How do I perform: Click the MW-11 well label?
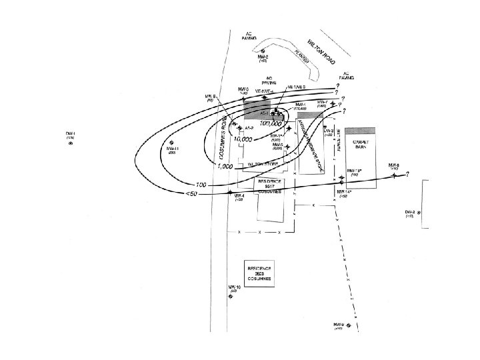click(x=172, y=149)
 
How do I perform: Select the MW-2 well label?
click(x=263, y=57)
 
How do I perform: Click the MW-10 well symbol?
click(x=231, y=298)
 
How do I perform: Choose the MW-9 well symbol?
click(x=337, y=327)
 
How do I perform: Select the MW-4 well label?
click(x=239, y=196)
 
